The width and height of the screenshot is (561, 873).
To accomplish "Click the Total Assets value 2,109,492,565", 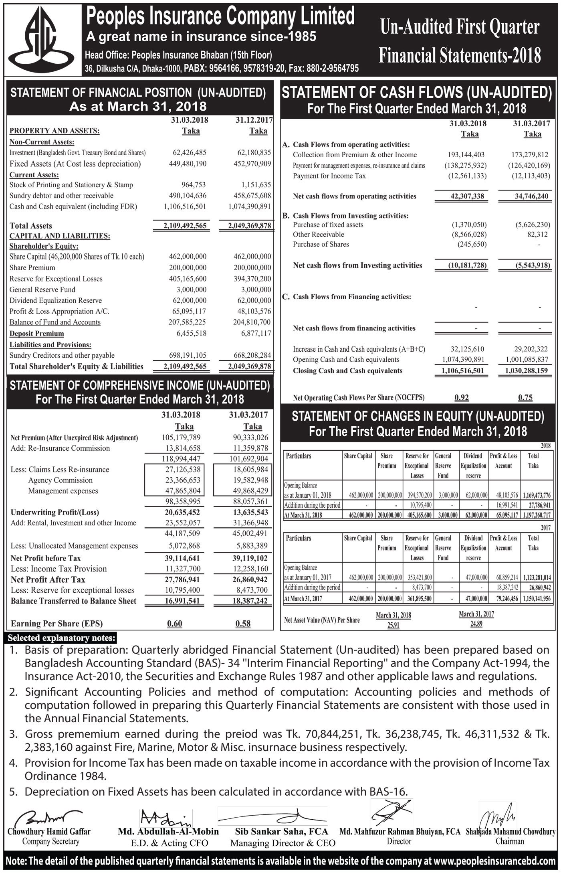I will click(185, 226).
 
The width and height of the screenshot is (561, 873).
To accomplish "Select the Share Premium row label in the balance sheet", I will click(32, 267).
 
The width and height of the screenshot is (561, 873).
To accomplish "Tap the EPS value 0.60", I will click(175, 623).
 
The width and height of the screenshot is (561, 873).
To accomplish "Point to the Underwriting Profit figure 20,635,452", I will click(182, 512).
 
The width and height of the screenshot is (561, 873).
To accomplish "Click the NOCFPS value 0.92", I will click(462, 397).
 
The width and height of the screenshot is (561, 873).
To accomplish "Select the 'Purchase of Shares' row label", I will click(321, 244).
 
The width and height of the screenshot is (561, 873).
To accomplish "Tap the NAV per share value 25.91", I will click(394, 625).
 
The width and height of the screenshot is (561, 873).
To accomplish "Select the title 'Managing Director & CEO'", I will click(283, 843).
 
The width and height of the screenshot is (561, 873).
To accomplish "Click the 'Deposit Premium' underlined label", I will click(36, 334).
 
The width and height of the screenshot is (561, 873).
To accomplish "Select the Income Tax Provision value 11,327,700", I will click(182, 569).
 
